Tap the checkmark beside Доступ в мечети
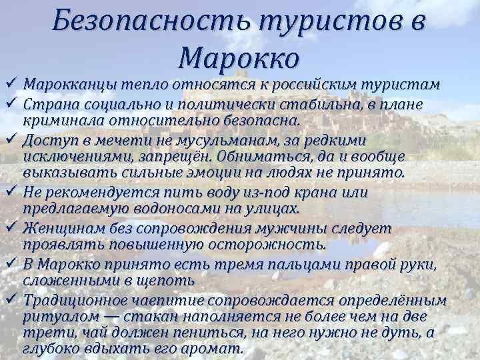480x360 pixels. click(x=10, y=139)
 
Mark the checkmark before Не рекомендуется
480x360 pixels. click(x=10, y=191)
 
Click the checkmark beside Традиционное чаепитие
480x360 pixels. click(x=10, y=298)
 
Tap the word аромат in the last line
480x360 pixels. click(x=217, y=349)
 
